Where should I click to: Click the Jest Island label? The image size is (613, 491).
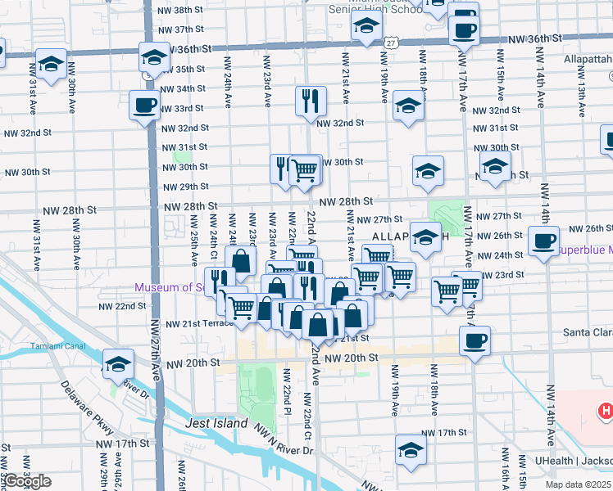[216, 424]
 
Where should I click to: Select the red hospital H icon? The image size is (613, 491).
[605, 411]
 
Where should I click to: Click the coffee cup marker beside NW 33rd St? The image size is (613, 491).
[144, 105]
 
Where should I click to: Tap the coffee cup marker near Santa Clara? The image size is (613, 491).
[475, 340]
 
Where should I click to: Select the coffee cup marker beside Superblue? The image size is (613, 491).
[543, 241]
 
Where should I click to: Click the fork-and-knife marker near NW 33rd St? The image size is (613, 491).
[311, 101]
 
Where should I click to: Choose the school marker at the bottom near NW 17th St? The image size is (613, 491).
[411, 448]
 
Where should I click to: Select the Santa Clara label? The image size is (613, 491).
[587, 332]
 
